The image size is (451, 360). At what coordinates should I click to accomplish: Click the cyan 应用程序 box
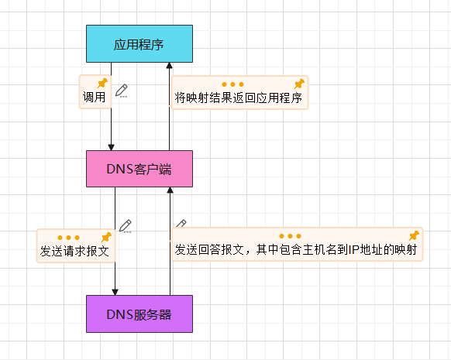(x=139, y=43)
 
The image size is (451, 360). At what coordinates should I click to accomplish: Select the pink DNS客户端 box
(x=139, y=169)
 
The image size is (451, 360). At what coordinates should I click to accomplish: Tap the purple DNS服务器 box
(x=139, y=314)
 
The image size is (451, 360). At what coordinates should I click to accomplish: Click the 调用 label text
(x=94, y=99)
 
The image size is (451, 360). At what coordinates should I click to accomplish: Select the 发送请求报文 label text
(x=74, y=252)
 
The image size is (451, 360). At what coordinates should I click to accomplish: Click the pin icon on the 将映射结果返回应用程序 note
(x=299, y=84)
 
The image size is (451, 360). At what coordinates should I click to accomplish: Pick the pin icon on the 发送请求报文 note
(x=105, y=236)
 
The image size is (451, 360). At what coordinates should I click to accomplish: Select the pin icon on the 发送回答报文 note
(x=414, y=235)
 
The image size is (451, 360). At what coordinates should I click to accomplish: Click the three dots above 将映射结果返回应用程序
(x=232, y=84)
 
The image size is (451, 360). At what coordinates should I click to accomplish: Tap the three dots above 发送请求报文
(x=68, y=237)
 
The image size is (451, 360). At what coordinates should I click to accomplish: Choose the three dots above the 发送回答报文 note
(x=290, y=235)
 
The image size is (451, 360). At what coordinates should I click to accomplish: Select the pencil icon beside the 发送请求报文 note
(x=125, y=226)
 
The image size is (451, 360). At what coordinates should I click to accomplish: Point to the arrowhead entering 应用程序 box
(x=169, y=67)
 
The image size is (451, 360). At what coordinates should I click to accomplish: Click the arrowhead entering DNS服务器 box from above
(x=115, y=291)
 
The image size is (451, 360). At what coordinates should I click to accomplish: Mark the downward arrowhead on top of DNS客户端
(x=111, y=146)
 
